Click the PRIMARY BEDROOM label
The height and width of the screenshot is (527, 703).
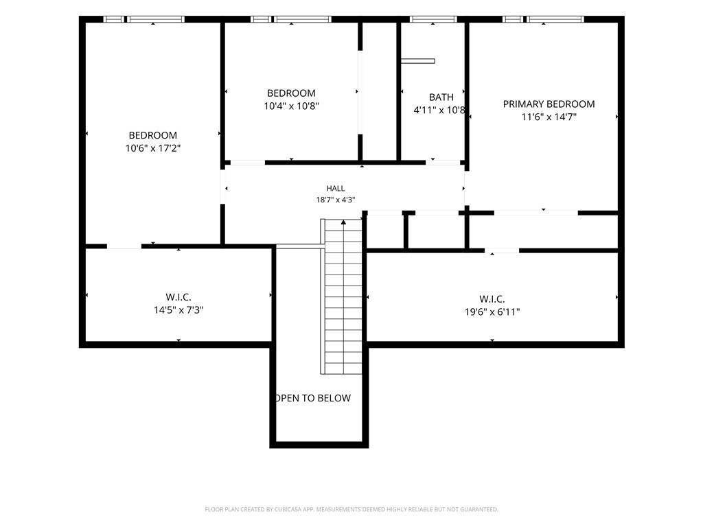pyautogui.click(x=549, y=104)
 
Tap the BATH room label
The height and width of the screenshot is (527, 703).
pyautogui.click(x=441, y=97)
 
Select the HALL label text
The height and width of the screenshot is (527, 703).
pyautogui.click(x=335, y=188)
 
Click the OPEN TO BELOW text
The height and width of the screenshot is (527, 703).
pyautogui.click(x=313, y=398)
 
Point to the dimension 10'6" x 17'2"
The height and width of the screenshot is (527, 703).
pyautogui.click(x=153, y=148)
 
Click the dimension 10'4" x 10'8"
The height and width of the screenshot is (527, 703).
pyautogui.click(x=291, y=106)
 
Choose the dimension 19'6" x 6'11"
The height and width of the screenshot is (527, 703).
pyautogui.click(x=492, y=312)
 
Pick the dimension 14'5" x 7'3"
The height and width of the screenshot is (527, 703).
pyautogui.click(x=178, y=309)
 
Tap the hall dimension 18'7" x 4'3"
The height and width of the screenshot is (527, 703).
pyautogui.click(x=335, y=200)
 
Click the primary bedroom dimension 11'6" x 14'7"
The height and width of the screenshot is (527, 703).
pyautogui.click(x=549, y=117)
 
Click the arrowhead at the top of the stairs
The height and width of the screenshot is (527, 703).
pyautogui.click(x=343, y=222)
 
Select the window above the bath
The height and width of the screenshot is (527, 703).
pyautogui.click(x=433, y=19)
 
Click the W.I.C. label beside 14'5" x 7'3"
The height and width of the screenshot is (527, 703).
pyautogui.click(x=178, y=297)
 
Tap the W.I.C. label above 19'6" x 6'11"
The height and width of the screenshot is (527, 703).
pyautogui.click(x=492, y=299)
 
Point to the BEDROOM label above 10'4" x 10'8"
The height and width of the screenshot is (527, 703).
pyautogui.click(x=291, y=93)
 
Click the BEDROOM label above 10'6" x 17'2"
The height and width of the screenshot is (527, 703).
pyautogui.click(x=153, y=135)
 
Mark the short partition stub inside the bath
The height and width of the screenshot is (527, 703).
pyautogui.click(x=418, y=61)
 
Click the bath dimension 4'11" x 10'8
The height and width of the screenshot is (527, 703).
pyautogui.click(x=439, y=110)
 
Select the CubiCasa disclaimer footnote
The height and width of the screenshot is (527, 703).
pyautogui.click(x=351, y=509)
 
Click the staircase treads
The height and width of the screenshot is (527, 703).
pyautogui.click(x=343, y=296)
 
